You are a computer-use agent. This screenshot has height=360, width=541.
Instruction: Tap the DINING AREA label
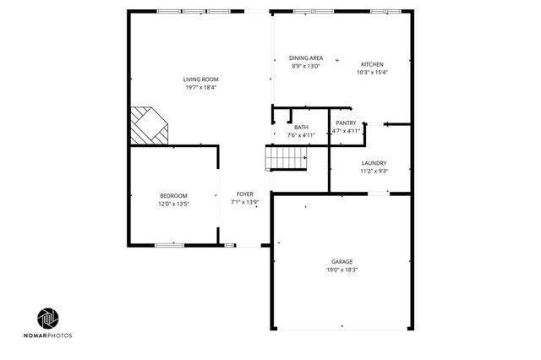pyautogui.click(x=307, y=58)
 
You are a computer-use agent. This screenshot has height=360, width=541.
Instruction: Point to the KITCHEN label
pyautogui.click(x=372, y=64)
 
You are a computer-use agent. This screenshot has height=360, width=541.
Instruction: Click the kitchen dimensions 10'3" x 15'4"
pyautogui.click(x=372, y=72)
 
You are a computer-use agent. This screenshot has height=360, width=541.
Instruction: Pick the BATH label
pyautogui.click(x=301, y=127)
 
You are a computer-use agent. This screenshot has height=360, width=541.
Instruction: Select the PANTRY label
pyautogui.click(x=346, y=123)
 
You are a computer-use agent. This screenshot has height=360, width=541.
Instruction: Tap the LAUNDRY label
pyautogui.click(x=374, y=163)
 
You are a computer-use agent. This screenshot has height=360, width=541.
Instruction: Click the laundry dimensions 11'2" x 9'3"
pyautogui.click(x=374, y=171)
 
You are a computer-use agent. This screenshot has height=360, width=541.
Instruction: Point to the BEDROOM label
pyautogui.click(x=173, y=195)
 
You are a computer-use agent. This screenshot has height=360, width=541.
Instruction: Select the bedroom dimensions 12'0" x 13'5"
pyautogui.click(x=173, y=203)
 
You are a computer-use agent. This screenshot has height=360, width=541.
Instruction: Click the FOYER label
pyautogui.click(x=244, y=194)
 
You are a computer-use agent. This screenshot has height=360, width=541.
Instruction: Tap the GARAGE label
pyautogui.click(x=342, y=262)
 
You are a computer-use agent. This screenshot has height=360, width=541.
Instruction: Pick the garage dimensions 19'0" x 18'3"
pyautogui.click(x=342, y=270)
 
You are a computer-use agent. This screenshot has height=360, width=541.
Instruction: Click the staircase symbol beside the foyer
pyautogui.click(x=287, y=158)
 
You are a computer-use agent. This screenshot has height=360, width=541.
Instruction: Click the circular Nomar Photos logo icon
pyautogui.click(x=48, y=319)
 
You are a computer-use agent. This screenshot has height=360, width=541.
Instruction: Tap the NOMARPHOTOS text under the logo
pyautogui.click(x=48, y=335)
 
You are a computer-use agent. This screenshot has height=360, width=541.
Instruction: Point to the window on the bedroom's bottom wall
pyautogui.click(x=169, y=245)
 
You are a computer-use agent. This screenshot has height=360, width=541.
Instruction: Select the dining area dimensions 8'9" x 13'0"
pyautogui.click(x=307, y=66)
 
